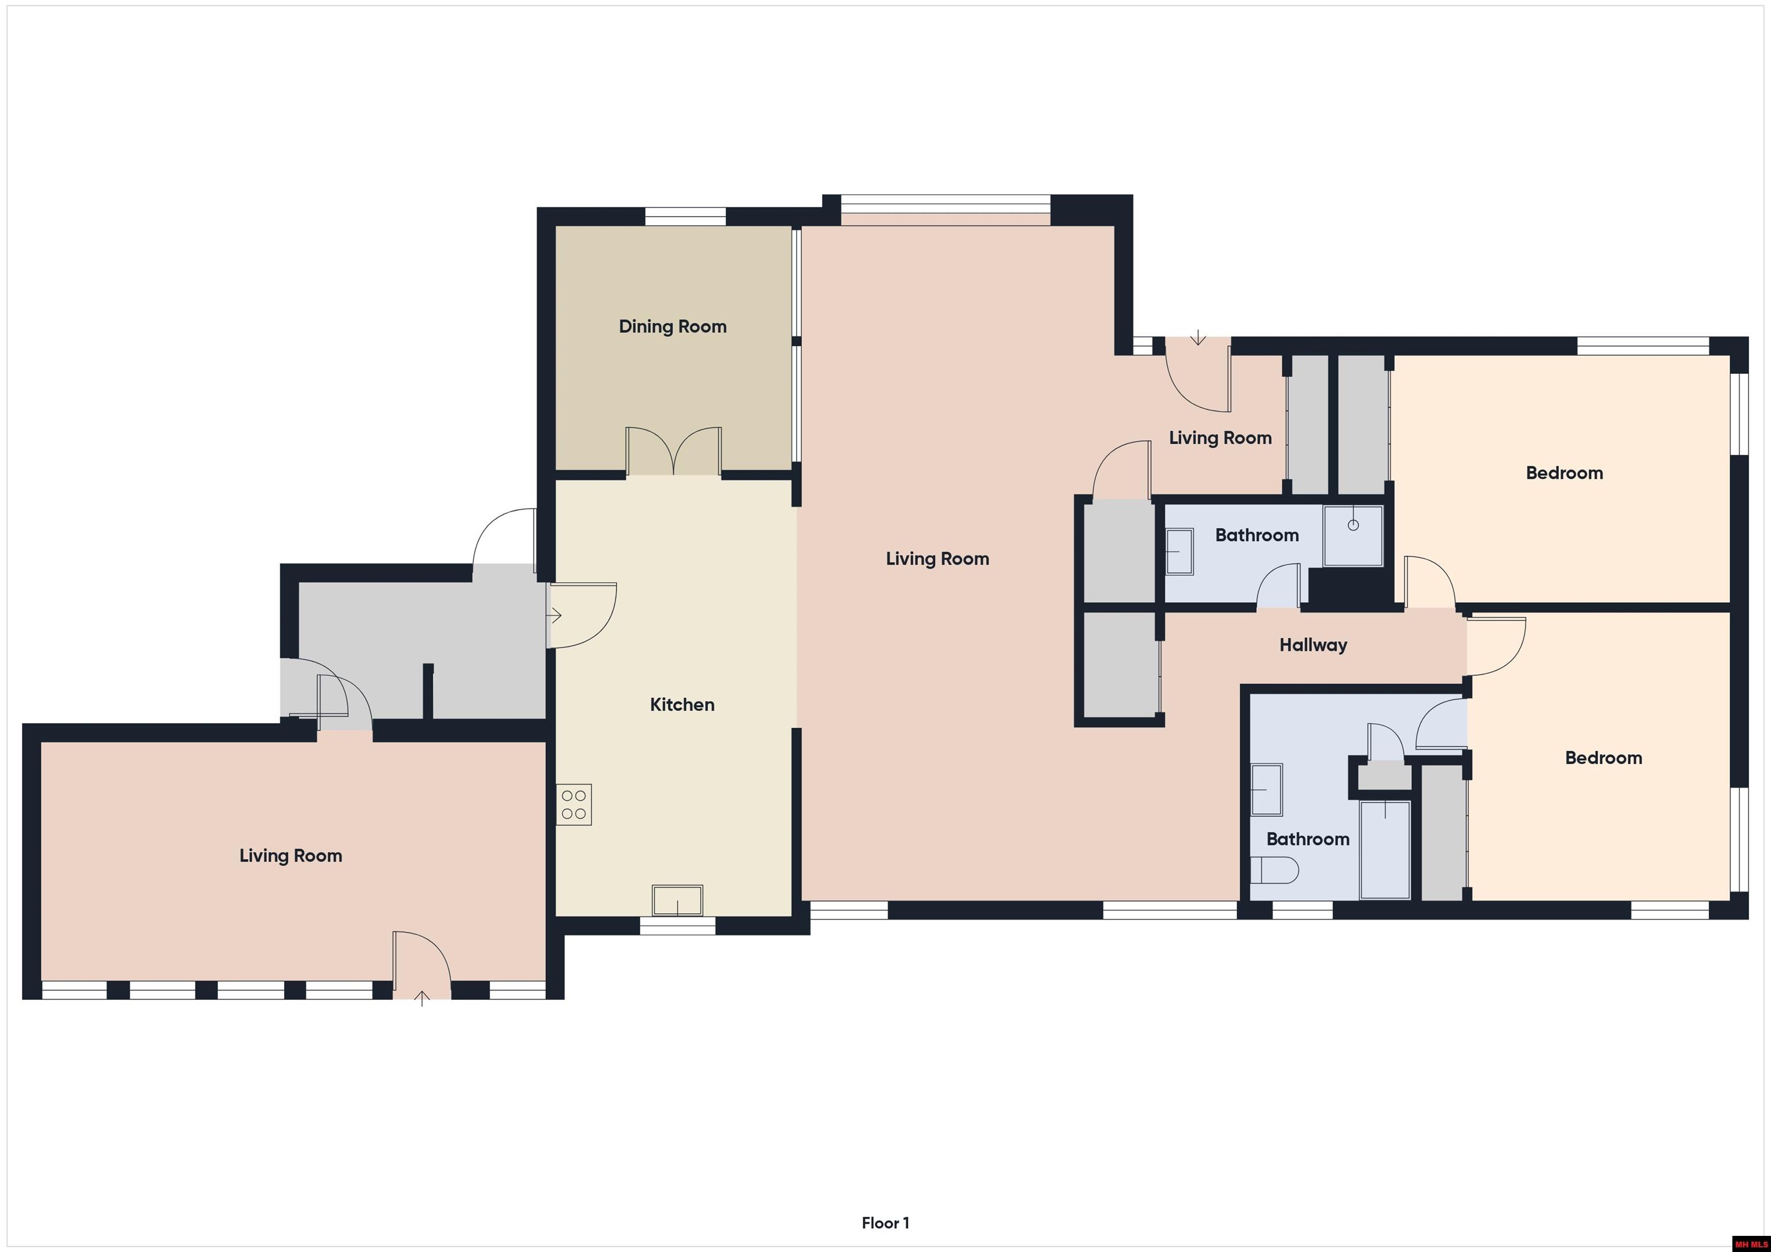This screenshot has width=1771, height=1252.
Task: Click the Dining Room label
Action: (x=673, y=327)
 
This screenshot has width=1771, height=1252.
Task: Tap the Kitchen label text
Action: (x=682, y=705)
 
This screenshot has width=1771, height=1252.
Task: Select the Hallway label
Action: (x=1313, y=645)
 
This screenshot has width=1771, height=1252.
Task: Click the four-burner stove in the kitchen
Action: (x=574, y=805)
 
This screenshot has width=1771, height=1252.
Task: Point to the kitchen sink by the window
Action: (x=677, y=901)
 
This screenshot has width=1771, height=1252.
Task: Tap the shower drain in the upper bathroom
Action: (x=1353, y=525)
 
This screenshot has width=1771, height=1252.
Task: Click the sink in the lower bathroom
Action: (x=1267, y=789)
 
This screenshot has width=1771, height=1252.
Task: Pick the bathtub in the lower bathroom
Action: (x=1385, y=850)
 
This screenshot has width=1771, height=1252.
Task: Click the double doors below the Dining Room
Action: (x=673, y=451)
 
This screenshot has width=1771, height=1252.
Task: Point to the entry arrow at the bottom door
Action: (x=422, y=999)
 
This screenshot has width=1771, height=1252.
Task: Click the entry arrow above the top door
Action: (x=1198, y=337)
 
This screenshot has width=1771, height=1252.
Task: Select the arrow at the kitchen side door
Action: (x=555, y=616)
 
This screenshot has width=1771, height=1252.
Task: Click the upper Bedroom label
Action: (x=1564, y=474)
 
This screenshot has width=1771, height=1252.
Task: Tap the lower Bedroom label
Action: (x=1604, y=758)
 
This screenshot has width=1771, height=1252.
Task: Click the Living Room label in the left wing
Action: (x=291, y=856)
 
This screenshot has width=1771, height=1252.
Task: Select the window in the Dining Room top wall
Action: (x=685, y=217)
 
